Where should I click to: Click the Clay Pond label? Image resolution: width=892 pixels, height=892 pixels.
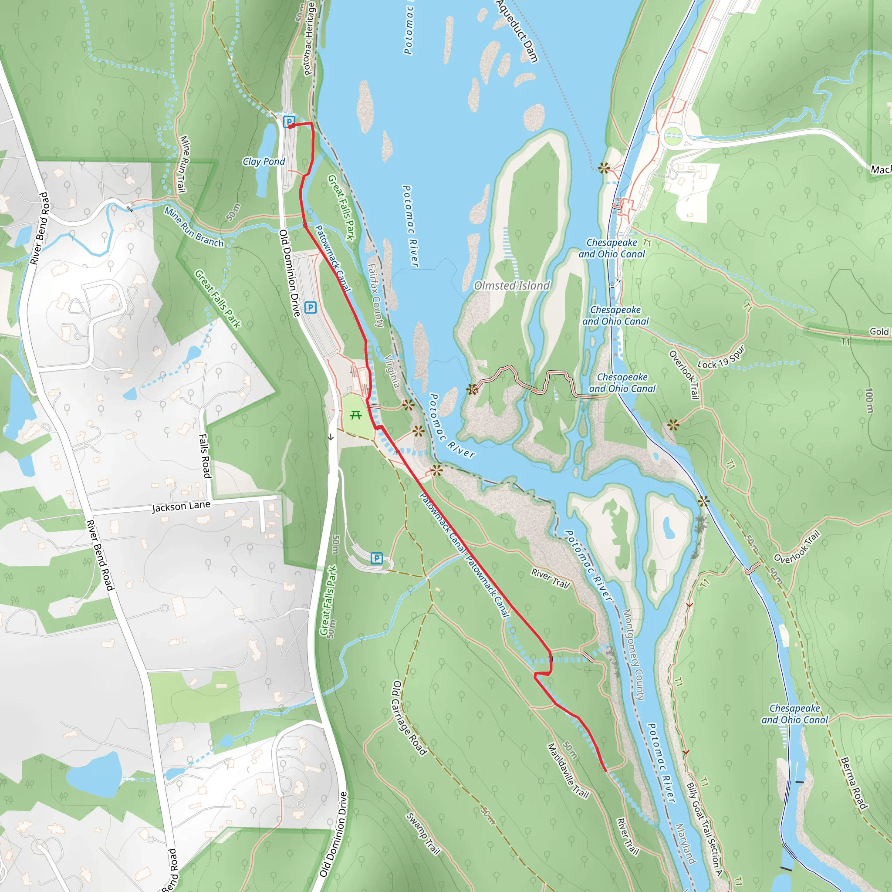pos(264,162)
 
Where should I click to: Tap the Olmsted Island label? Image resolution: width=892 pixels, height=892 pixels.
pos(512,286)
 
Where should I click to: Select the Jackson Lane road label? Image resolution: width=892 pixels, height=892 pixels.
pos(181,507)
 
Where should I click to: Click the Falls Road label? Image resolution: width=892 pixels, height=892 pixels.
pos(205,456)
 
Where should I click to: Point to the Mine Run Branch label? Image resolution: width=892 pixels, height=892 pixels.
pos(194,227)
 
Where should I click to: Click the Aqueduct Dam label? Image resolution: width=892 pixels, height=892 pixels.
pos(517,31)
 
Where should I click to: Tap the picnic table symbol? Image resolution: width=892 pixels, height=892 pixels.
pos(355,415)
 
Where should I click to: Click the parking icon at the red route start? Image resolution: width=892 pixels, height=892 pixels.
pos(289,122)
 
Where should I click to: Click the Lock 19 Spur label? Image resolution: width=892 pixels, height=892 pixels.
pos(721,358)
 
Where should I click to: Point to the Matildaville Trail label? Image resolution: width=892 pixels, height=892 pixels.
pos(568,770)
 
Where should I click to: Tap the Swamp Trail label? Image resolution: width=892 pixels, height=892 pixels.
pos(423,833)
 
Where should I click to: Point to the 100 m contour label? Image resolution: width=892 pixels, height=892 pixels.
pos(869,400)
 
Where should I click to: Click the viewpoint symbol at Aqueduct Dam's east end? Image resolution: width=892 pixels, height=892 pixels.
pos(603,168)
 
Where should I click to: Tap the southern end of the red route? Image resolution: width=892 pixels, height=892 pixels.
pos(605,770)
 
